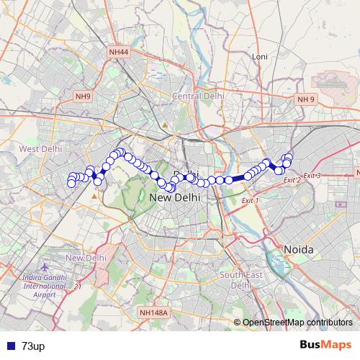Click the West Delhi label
pyautogui.click(x=40, y=148)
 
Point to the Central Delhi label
pyautogui.click(x=198, y=96)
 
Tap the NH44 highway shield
pyautogui.click(x=118, y=52)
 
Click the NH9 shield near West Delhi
pyautogui.click(x=84, y=96)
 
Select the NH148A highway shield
pyautogui.click(x=153, y=312)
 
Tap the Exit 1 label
pyautogui.click(x=249, y=200)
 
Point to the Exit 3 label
pyautogui.click(x=311, y=176)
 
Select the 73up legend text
pyautogui.click(x=32, y=346)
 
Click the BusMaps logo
pyautogui.click(x=325, y=346)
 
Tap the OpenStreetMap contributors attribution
pyautogui.click(x=294, y=322)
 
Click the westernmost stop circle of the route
pyautogui.click(x=71, y=184)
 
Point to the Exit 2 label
pyautogui.click(x=292, y=180)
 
